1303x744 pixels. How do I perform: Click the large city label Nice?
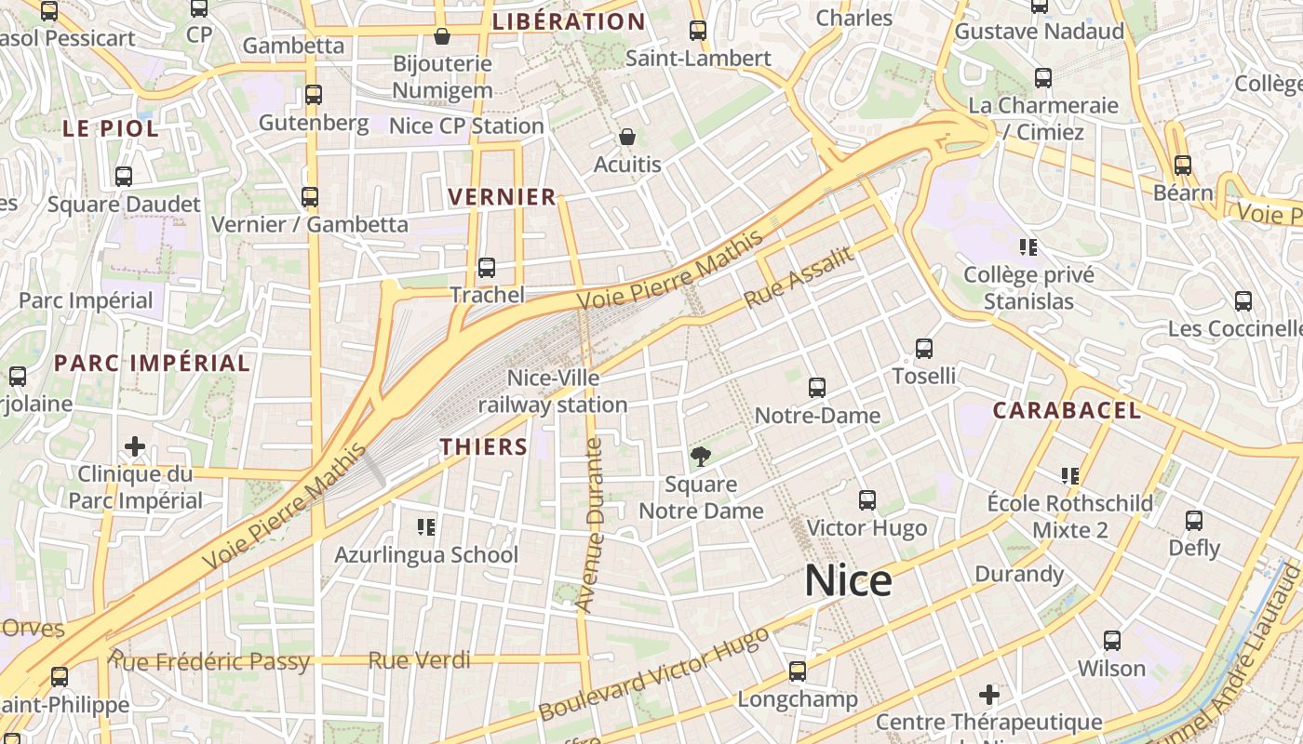848,581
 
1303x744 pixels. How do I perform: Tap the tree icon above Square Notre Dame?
701,456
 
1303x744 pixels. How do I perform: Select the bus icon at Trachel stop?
486,268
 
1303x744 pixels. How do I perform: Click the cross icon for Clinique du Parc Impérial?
135,446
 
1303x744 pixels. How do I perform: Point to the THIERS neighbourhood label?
484,446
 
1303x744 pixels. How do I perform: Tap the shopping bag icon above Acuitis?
627,137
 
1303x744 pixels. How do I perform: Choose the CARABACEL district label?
1067,410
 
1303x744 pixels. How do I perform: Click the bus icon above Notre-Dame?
817,388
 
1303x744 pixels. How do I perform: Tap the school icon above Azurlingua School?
426,527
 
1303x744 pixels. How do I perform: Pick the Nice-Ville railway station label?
553,392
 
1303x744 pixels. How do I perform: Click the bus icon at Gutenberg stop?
314,95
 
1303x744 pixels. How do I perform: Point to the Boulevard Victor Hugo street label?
654,674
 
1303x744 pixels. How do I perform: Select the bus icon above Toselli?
923,349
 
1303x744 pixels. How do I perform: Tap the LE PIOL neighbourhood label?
111,128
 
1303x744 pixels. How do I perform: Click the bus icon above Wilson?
1112,641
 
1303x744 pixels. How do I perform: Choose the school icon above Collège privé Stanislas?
1028,247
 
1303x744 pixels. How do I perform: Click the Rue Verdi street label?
419,661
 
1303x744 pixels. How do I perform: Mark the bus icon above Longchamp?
797,671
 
